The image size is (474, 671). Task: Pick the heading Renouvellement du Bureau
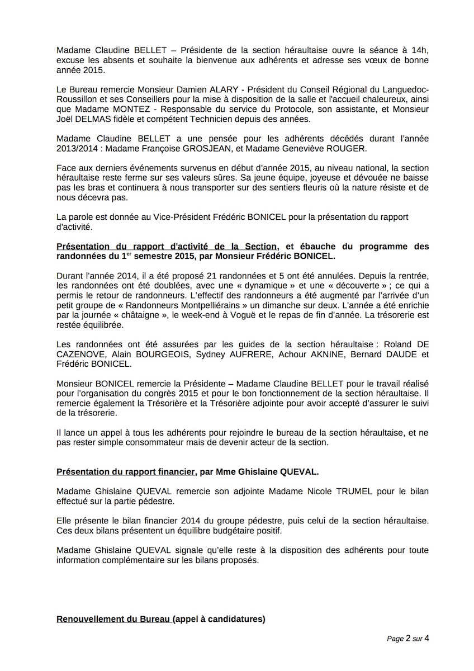point(113,620)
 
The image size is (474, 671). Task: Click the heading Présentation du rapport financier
point(125,472)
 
